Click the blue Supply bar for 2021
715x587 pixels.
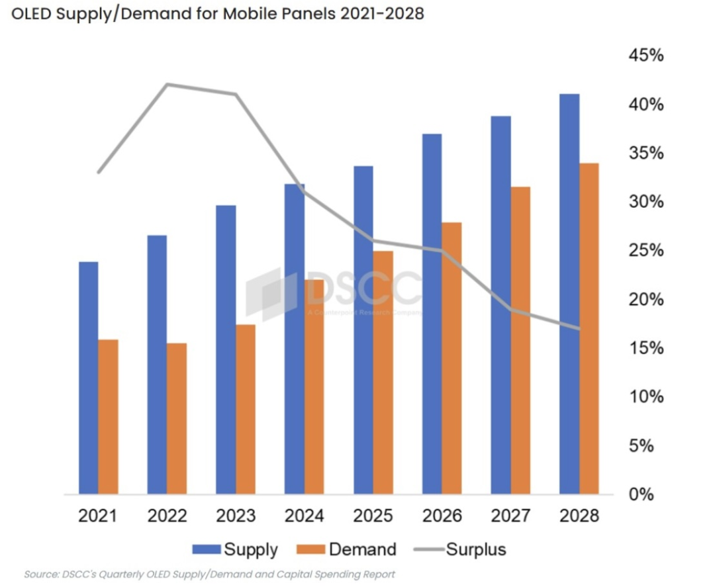pos(88,378)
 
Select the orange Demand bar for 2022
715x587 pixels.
pos(177,418)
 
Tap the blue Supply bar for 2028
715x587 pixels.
pos(569,294)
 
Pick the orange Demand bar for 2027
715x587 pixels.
pos(520,340)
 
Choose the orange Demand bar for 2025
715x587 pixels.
pos(383,372)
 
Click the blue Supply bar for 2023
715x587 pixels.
pos(226,349)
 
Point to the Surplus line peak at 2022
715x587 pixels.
pos(167,84)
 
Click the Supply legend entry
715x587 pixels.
pos(235,549)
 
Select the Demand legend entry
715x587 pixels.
pos(347,549)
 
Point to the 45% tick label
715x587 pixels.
pos(645,56)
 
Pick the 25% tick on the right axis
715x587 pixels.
pos(645,251)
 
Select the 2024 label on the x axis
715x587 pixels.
pos(305,516)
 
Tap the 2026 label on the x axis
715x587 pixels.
pos(442,516)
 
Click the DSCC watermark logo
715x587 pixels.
pos(334,291)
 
